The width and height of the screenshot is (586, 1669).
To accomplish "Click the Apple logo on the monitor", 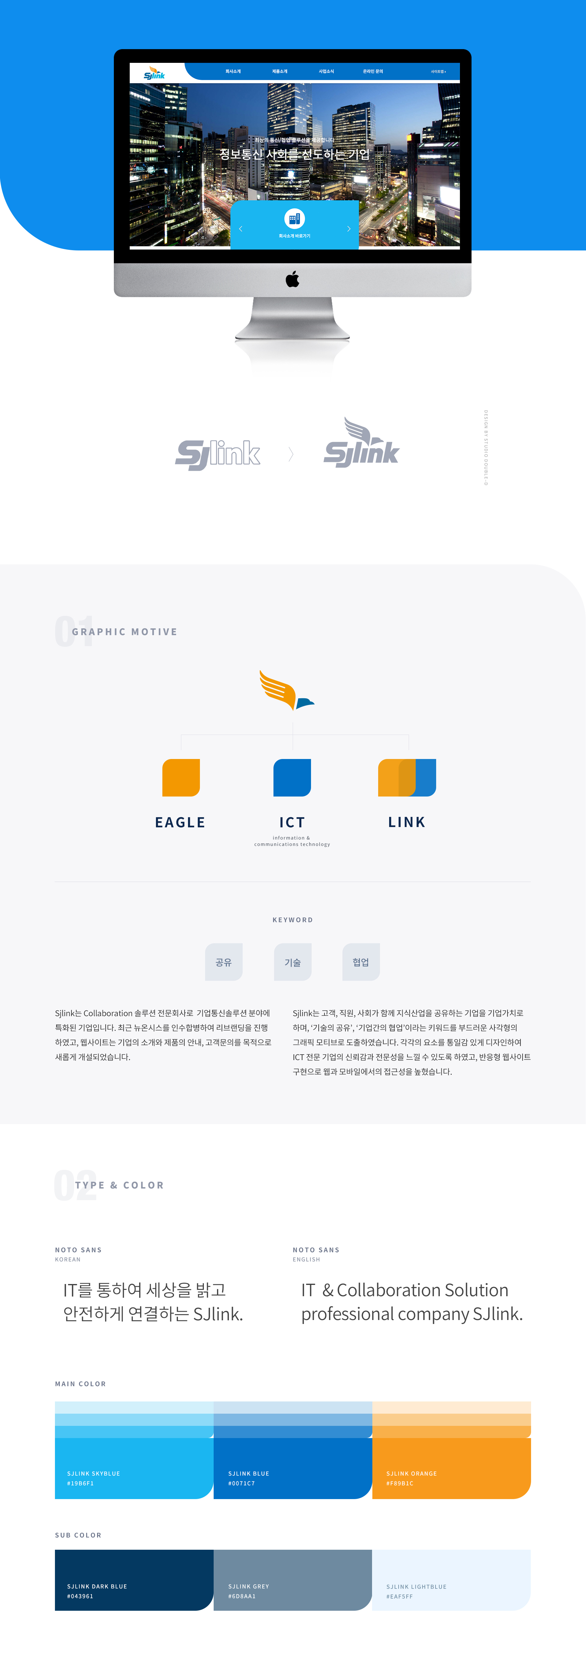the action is (x=292, y=279).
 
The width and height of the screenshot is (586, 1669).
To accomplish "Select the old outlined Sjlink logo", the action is (x=218, y=454).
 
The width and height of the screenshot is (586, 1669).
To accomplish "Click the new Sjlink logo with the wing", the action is (x=361, y=444).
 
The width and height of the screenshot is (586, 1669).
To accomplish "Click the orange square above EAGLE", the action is (x=181, y=778).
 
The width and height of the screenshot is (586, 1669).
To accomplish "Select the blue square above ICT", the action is (x=292, y=778).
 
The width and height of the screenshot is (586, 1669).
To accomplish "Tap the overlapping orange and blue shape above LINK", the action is (x=407, y=778).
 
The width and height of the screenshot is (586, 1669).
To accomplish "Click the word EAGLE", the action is (x=180, y=822).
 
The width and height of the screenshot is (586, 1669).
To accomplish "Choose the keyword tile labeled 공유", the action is (x=224, y=962).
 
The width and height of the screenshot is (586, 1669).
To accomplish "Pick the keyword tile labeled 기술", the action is (x=292, y=962).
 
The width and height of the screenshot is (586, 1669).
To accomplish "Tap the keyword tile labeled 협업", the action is (x=361, y=962).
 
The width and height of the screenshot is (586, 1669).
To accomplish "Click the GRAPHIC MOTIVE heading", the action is (x=125, y=632).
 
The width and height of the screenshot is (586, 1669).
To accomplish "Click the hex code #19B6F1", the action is (x=80, y=1483).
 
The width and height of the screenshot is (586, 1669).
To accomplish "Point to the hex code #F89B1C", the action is (x=400, y=1483).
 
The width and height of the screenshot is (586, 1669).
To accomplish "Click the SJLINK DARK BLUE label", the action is (x=97, y=1586).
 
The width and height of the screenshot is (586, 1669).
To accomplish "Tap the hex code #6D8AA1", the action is (x=242, y=1596).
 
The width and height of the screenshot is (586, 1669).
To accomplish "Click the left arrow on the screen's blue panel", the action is (x=241, y=229).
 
